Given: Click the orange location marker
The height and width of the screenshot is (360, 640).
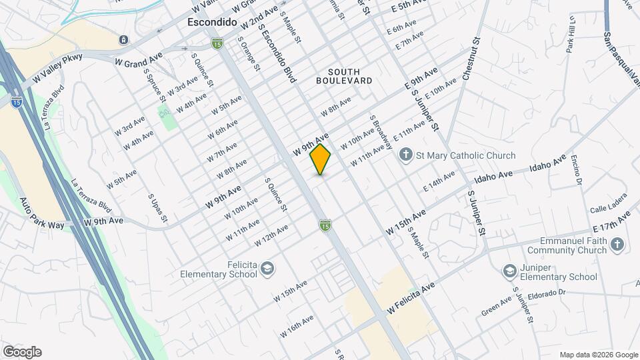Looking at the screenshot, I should (x=321, y=159).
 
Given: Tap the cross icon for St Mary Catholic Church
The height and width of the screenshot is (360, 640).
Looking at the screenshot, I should (x=405, y=155).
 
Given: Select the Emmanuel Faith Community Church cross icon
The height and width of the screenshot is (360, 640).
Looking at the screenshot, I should (x=617, y=245).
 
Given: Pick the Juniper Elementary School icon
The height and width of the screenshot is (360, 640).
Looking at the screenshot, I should (x=510, y=271).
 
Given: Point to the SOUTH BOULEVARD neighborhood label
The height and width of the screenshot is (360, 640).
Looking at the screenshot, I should (x=344, y=76).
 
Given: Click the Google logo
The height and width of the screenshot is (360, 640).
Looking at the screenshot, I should (x=22, y=352).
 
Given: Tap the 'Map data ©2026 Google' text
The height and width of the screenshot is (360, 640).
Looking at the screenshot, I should (x=599, y=355).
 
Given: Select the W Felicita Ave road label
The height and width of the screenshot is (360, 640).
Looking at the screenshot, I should (x=411, y=297).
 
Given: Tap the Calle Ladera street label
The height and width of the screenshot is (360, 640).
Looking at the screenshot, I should (x=607, y=209).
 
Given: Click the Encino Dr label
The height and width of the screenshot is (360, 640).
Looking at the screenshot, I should (x=577, y=171).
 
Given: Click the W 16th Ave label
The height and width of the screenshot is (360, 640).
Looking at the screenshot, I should (x=297, y=327).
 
